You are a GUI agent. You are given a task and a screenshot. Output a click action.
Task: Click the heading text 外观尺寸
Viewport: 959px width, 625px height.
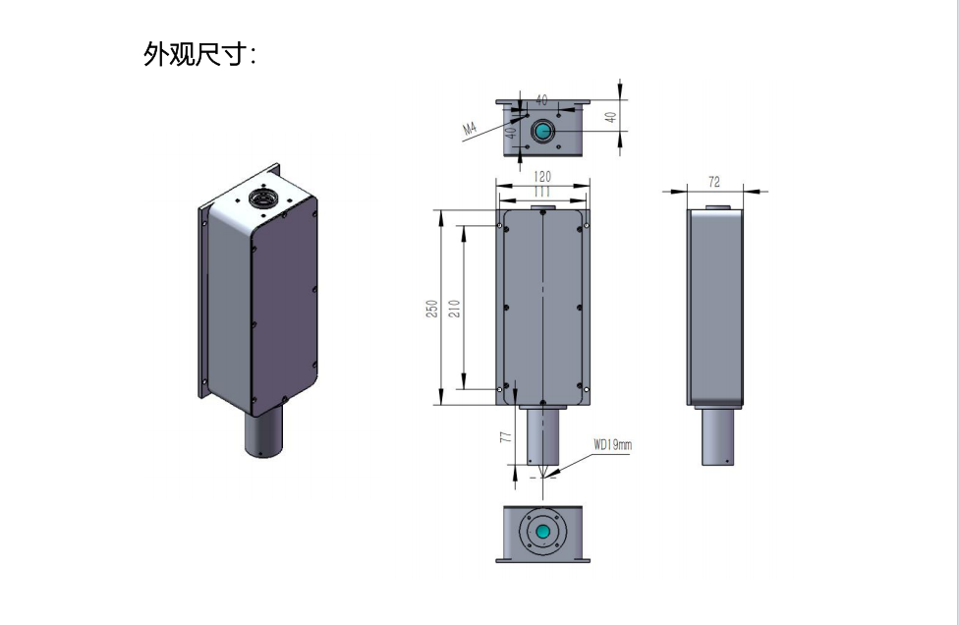[x=199, y=55]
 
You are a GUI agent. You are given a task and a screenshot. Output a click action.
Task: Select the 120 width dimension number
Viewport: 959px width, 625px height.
[x=542, y=177]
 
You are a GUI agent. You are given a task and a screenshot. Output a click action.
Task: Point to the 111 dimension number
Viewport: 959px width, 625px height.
[x=542, y=192]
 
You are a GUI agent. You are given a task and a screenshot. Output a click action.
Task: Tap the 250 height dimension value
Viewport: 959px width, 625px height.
[x=431, y=308]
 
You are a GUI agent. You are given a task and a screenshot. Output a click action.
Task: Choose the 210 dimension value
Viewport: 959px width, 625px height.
[x=454, y=308]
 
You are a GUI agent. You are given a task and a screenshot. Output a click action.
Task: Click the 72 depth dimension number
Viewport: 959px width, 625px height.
[x=714, y=183]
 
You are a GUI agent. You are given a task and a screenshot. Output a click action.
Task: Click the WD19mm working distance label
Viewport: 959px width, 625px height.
[x=613, y=444]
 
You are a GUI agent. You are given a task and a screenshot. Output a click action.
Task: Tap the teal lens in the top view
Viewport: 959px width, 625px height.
[x=542, y=131]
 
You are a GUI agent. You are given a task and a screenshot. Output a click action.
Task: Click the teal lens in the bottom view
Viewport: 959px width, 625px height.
[x=543, y=531]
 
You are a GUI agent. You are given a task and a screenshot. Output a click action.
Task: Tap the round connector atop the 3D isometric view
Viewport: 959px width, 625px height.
[x=263, y=199]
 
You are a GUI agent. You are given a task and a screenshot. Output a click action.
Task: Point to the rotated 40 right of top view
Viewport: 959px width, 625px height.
[x=609, y=116]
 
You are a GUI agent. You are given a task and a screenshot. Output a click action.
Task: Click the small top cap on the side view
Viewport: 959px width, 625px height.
[x=717, y=207]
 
